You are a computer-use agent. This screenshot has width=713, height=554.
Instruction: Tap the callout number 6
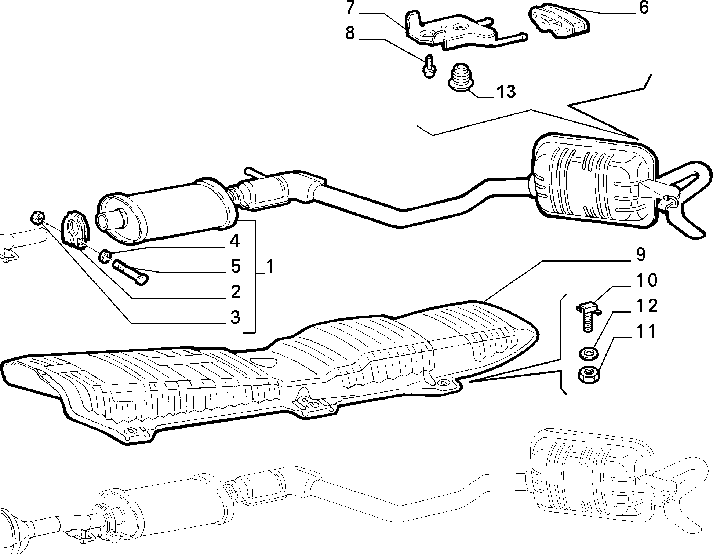coord(644,7)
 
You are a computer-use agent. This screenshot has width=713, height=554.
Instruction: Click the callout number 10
coord(647,281)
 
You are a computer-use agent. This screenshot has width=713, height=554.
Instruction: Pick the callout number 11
coord(646,332)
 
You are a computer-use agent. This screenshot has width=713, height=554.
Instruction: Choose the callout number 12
coord(647,306)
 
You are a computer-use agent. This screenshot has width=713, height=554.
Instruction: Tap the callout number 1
coord(270,267)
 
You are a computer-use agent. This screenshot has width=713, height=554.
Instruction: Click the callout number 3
coord(235,317)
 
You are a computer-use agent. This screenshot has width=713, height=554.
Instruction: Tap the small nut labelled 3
coord(37,217)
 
